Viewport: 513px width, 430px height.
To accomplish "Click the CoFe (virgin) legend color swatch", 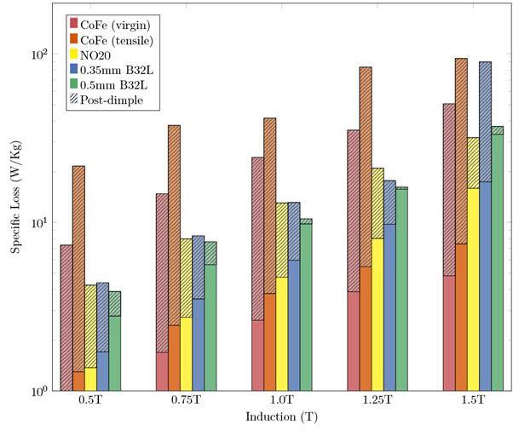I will (74, 22).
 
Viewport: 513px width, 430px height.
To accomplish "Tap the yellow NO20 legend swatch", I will (74, 54).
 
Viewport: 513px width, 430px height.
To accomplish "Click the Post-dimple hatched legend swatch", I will (74, 100).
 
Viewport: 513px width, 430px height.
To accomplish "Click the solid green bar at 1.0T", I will (305, 307).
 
